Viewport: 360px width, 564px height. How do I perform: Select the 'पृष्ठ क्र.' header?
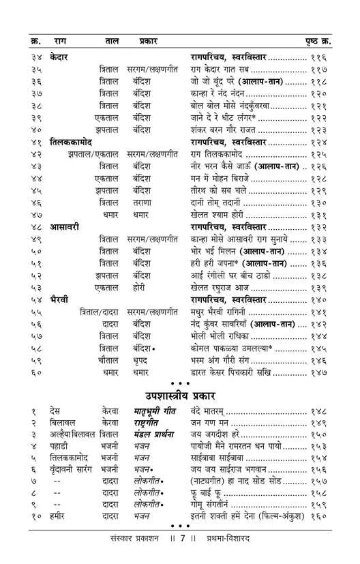[x=318, y=41]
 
